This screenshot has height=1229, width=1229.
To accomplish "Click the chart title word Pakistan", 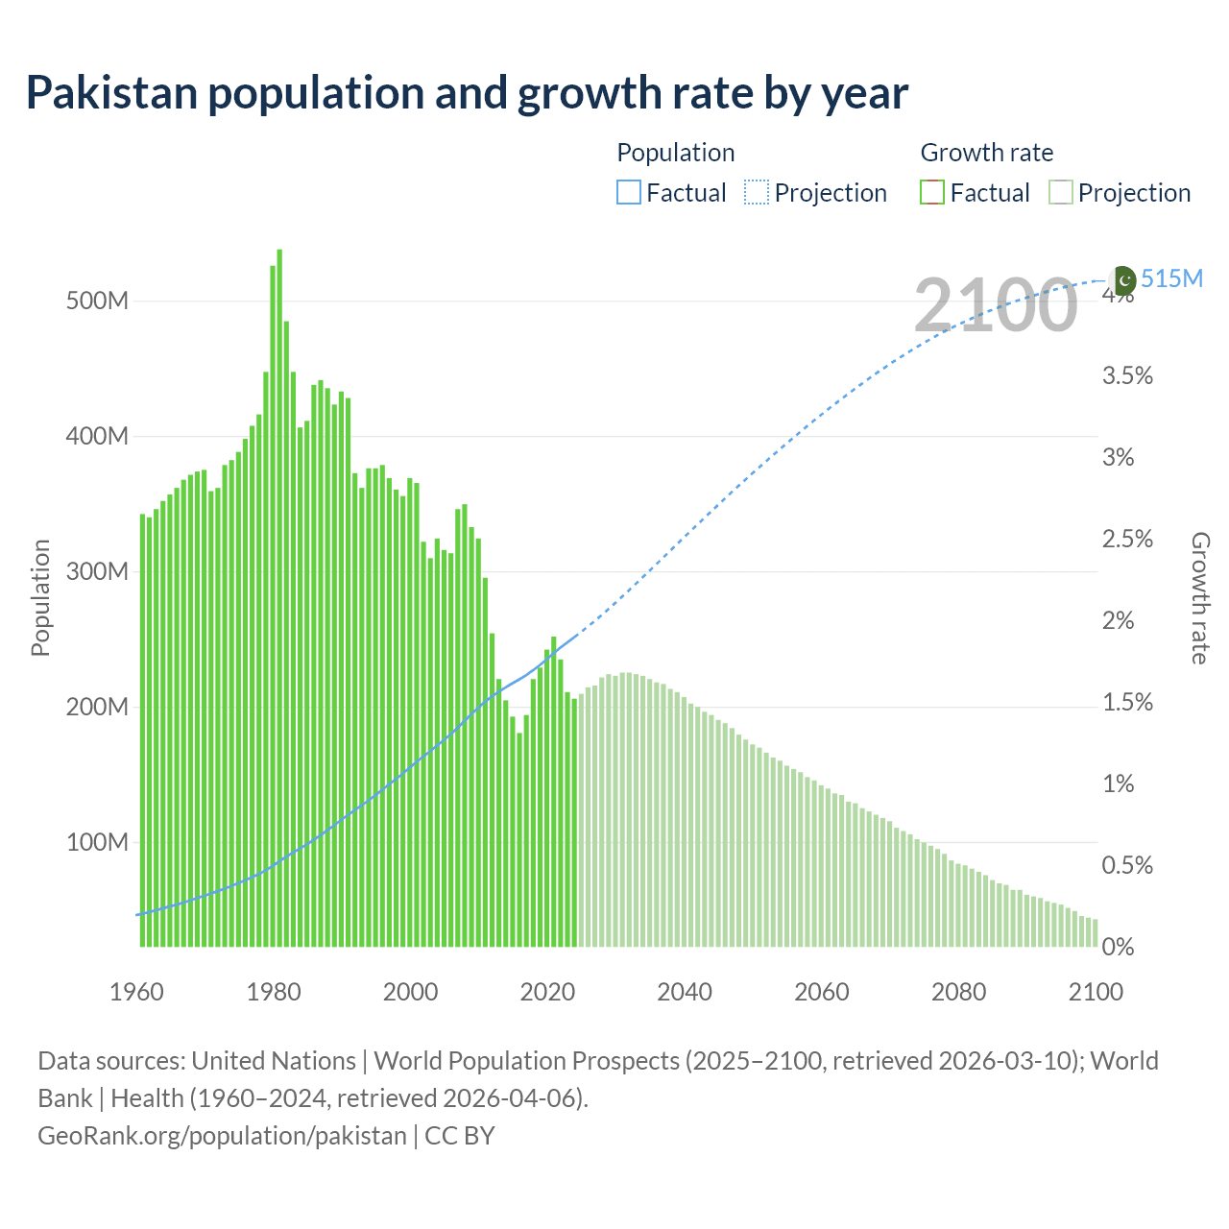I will coord(111,93).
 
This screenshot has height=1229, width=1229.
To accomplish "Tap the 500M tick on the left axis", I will coord(97,301).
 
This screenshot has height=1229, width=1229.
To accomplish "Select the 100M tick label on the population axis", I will coord(97,842).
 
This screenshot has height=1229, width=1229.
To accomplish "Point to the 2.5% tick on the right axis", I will coord(1127,539).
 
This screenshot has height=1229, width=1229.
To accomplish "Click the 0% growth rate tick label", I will coord(1118,947).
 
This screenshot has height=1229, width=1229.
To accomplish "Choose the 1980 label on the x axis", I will coord(274,992).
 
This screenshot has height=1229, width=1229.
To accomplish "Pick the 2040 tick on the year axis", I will coord(685,992).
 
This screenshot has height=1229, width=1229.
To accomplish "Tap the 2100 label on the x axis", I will coord(1096,992).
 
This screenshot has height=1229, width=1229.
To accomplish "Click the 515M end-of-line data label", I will coord(1171,278).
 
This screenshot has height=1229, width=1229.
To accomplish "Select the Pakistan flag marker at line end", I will coord(1123,280).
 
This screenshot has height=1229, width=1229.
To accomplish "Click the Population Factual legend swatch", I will coord(628,193).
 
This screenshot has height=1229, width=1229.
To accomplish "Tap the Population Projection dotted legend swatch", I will coord(757,193).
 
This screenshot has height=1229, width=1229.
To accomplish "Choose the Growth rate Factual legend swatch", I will coord(932,193).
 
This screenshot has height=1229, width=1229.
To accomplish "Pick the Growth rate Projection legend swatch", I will coord(1060,193).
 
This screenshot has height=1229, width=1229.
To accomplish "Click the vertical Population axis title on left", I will coord(40,597).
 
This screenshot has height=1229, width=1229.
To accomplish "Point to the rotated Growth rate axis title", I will coord(1199,597).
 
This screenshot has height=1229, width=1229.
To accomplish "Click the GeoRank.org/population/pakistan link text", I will coord(222,1136).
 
